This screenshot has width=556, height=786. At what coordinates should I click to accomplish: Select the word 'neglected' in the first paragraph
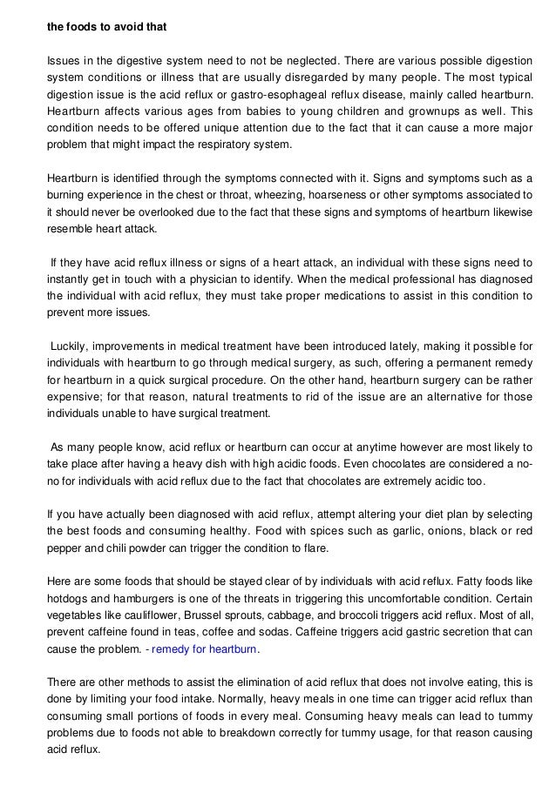[311, 60]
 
